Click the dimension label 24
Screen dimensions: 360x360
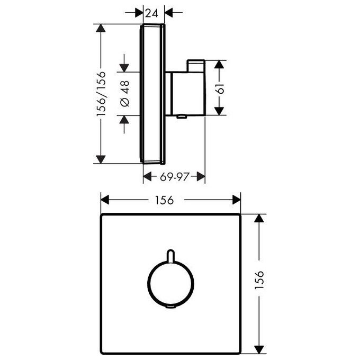152,13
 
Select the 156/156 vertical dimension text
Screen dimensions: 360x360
101,94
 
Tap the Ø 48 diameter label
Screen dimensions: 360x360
125,94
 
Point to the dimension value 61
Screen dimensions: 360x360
220,88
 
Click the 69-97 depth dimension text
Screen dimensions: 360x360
175,176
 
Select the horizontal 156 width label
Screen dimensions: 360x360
165,200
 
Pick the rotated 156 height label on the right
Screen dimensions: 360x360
259,280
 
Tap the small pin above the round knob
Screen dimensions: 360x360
170,255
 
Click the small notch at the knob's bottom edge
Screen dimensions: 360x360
171,307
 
